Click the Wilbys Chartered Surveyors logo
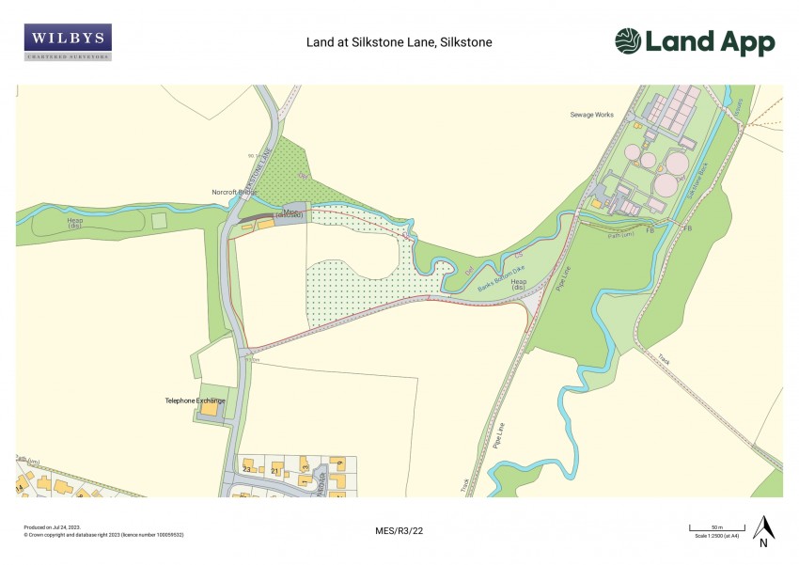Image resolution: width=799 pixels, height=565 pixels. pyautogui.click(x=68, y=42)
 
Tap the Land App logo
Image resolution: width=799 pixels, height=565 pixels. pyautogui.click(x=695, y=42)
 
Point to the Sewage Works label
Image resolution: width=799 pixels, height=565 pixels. pyautogui.click(x=591, y=115)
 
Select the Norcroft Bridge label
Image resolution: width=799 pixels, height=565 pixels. pyautogui.click(x=234, y=193)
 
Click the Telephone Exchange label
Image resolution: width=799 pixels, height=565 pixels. pyautogui.click(x=196, y=401)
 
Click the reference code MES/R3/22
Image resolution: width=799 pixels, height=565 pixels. pyautogui.click(x=399, y=531)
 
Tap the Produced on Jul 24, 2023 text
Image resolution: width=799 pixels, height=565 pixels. pyautogui.click(x=52, y=527)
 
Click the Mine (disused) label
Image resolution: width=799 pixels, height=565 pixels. pyautogui.click(x=290, y=213)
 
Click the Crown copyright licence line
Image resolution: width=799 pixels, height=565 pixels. pyautogui.click(x=103, y=534)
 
